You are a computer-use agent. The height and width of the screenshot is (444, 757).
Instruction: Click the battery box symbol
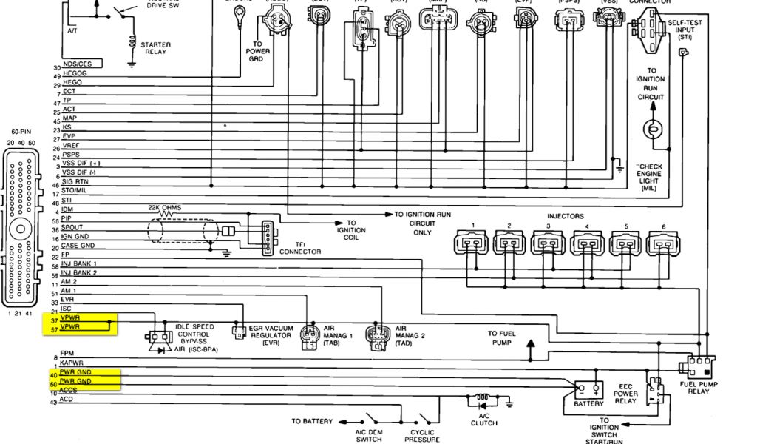[x=588, y=388]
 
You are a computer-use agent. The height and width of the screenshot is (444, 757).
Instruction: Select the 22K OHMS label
[x=164, y=208]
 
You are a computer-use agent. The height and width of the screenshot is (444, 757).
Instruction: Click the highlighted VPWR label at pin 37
[x=70, y=319]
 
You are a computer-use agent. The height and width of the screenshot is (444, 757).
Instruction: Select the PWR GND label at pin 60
[x=75, y=381]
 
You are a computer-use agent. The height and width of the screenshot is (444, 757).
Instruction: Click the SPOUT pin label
[x=72, y=228]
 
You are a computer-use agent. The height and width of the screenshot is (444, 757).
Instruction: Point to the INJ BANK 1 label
[x=79, y=263]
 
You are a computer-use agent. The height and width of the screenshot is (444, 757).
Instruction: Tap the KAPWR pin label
[x=72, y=363]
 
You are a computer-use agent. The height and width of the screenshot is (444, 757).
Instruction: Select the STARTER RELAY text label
[x=156, y=49]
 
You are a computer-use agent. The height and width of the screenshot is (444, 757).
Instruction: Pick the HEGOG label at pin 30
[x=75, y=75]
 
